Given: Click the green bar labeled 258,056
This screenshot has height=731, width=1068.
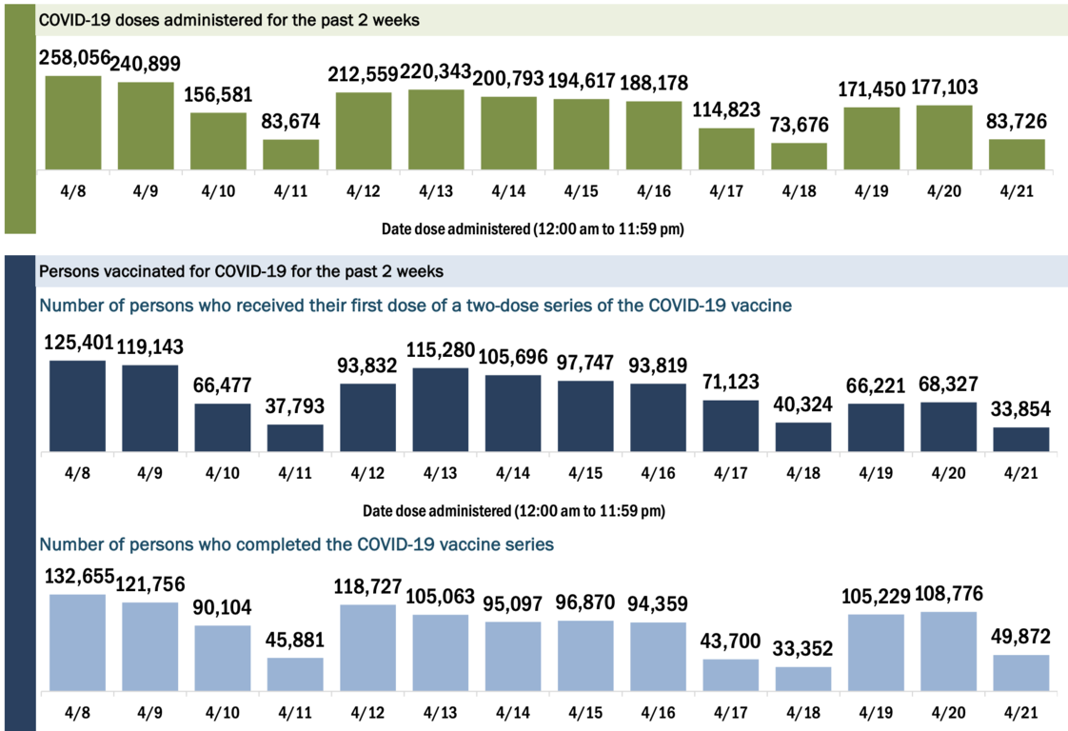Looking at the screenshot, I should pyautogui.click(x=73, y=123).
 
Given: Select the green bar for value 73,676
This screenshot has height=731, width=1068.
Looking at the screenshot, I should pyautogui.click(x=799, y=156).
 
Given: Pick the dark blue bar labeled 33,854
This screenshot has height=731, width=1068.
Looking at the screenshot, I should pyautogui.click(x=1020, y=440).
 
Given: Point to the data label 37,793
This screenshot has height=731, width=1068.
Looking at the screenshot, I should pyautogui.click(x=295, y=406).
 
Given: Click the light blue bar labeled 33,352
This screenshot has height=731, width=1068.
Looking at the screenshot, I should pyautogui.click(x=802, y=679).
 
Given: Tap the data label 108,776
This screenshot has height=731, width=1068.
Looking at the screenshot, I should pyautogui.click(x=947, y=594).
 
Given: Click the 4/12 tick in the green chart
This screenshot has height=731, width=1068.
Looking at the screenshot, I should pyautogui.click(x=364, y=190).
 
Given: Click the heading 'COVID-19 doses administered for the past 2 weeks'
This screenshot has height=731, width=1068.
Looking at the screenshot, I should pyautogui.click(x=228, y=19).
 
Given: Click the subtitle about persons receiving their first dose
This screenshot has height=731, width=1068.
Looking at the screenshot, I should pyautogui.click(x=415, y=306).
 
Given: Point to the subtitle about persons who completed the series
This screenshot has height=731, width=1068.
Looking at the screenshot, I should pyautogui.click(x=295, y=545).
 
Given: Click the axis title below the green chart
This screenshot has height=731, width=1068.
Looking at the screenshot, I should pyautogui.click(x=533, y=229).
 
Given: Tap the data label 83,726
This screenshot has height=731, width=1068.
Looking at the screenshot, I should pyautogui.click(x=1017, y=122).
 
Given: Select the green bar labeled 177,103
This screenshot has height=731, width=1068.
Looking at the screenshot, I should pyautogui.click(x=943, y=137).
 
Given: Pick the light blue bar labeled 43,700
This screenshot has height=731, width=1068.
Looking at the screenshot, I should pyautogui.click(x=730, y=675).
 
